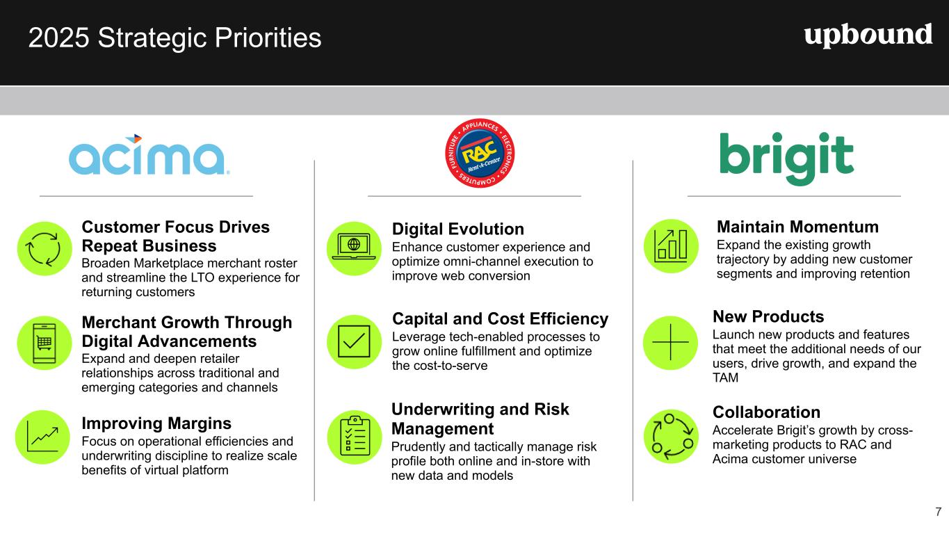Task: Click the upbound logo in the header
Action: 868,36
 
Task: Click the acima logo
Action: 149,154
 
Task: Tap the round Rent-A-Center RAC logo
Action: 480,153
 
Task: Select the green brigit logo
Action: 787,159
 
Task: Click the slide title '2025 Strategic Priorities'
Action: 175,38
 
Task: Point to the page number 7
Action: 939,512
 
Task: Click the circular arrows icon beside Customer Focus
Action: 44,249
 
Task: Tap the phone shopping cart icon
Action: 44,343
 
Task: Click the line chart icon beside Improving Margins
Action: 42,437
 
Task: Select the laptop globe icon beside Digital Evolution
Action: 354,249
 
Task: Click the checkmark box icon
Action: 354,341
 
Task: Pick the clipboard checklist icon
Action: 355,437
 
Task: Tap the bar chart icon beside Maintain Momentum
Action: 671,246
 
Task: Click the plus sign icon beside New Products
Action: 670,342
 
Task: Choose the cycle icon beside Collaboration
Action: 671,437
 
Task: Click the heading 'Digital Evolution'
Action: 458,229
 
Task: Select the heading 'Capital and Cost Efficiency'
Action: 501,319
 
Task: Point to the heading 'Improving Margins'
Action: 156,423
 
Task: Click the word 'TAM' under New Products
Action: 725,378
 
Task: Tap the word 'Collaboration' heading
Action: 766,412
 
